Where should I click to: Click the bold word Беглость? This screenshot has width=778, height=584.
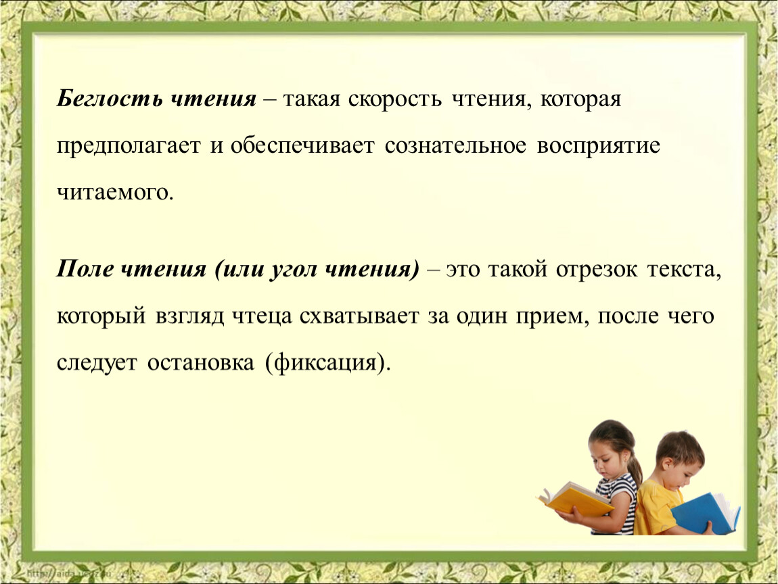point(109,98)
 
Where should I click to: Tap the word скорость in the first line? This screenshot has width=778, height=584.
point(394,99)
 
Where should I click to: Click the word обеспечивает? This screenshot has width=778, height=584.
point(302,145)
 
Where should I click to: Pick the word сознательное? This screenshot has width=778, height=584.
point(455,146)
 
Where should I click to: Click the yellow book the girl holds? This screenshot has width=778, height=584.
point(576,499)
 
